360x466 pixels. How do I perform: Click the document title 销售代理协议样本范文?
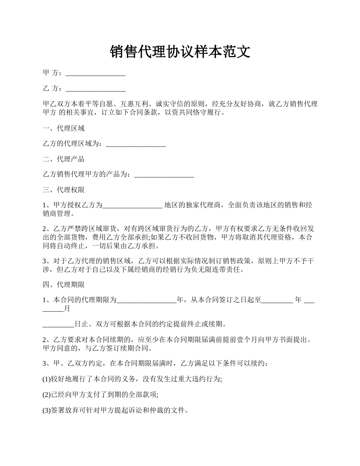coord(180,52)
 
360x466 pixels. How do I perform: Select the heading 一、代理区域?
coord(64,128)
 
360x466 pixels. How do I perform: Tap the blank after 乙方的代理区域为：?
coord(136,144)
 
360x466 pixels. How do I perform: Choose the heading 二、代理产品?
coord(64,159)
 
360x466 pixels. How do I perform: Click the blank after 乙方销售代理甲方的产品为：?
coord(164,175)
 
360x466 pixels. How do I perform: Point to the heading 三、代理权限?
coord(64,190)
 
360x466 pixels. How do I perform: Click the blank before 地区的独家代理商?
coord(133,205)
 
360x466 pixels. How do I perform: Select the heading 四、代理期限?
coord(64,285)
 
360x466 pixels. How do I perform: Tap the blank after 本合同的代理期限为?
coord(147,300)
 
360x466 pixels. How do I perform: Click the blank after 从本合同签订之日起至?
coord(277,300)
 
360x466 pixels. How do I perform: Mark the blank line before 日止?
coord(58,324)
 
